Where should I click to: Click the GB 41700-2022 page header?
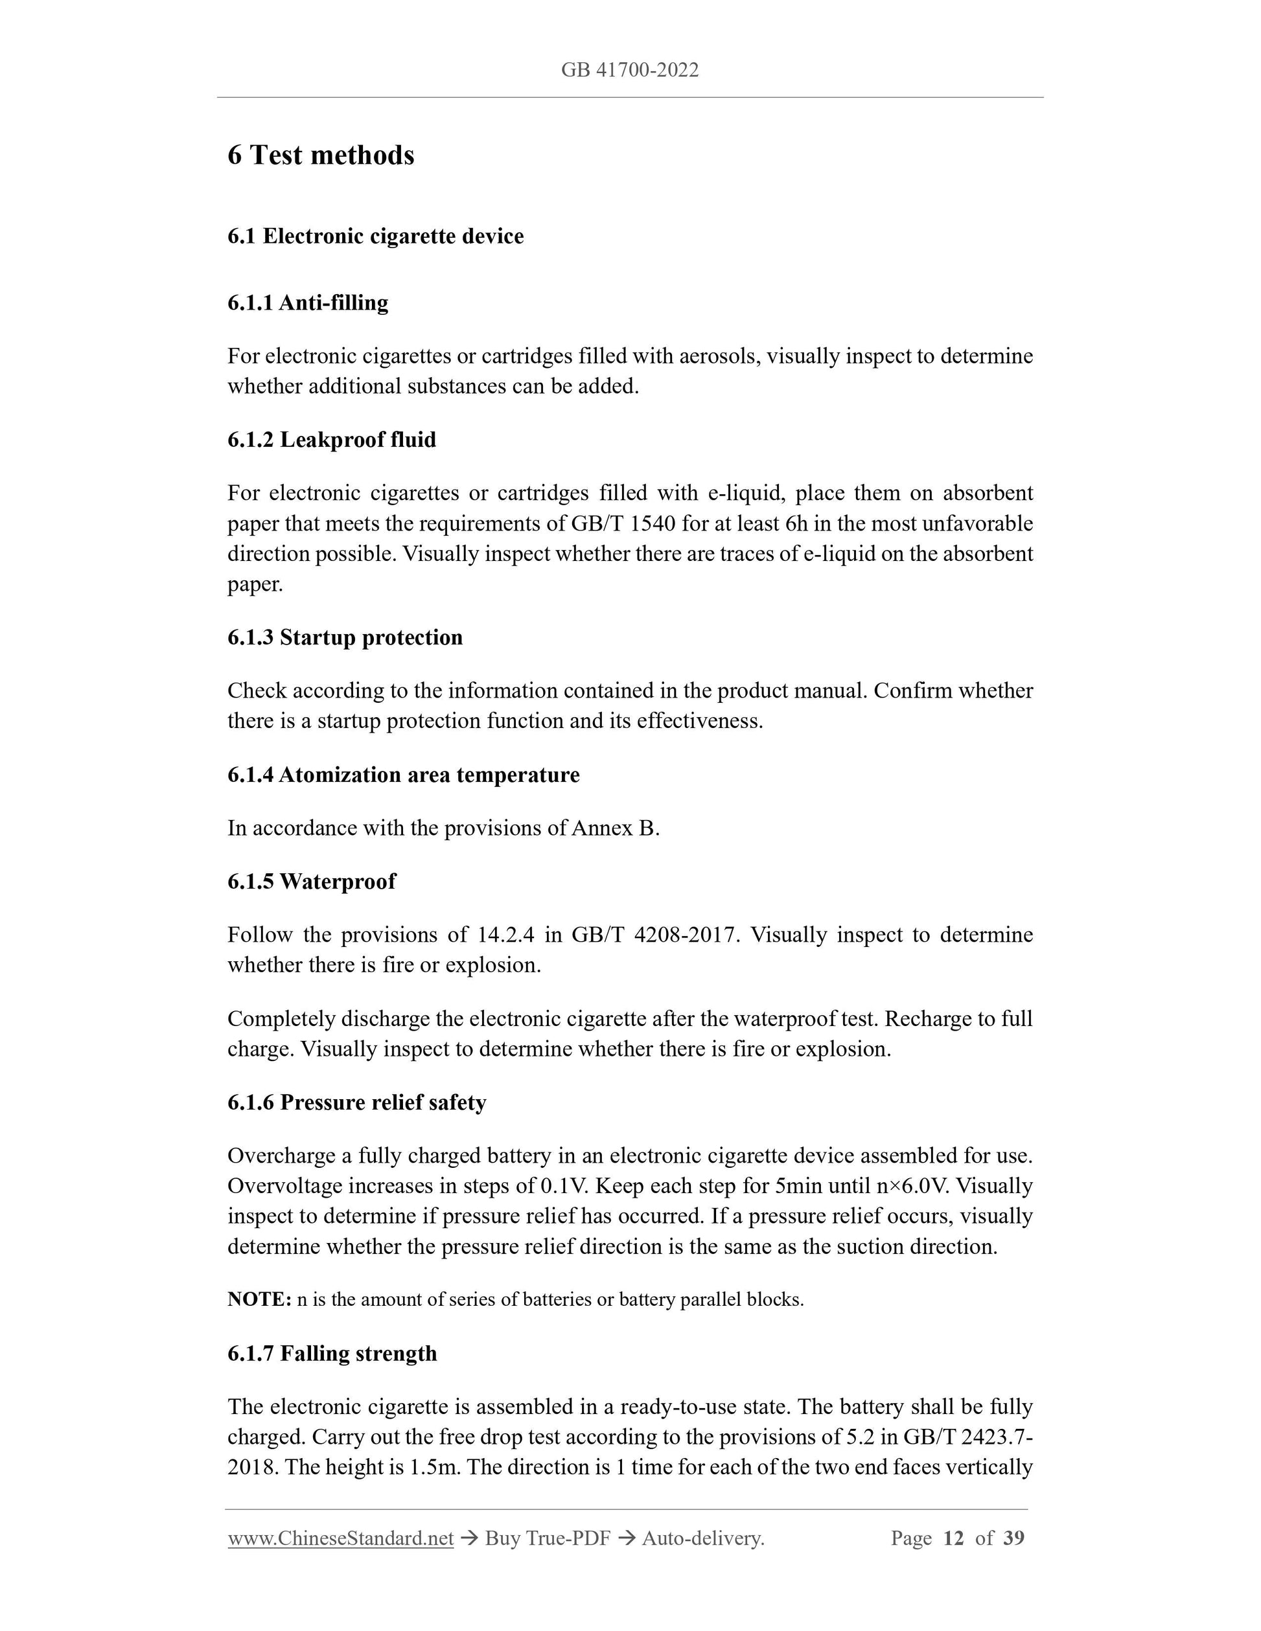point(630,70)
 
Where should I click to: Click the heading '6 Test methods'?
point(321,155)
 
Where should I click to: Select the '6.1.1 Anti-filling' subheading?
point(308,302)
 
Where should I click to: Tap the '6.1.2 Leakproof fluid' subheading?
point(332,439)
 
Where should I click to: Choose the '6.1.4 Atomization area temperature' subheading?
point(404,775)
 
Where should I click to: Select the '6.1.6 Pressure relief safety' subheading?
point(356,1102)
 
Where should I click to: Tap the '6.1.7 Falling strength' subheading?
point(332,1353)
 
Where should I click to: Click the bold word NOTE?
point(259,1299)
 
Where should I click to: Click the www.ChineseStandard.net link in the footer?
point(341,1538)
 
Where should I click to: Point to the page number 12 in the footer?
point(953,1538)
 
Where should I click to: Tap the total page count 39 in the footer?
point(1013,1538)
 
